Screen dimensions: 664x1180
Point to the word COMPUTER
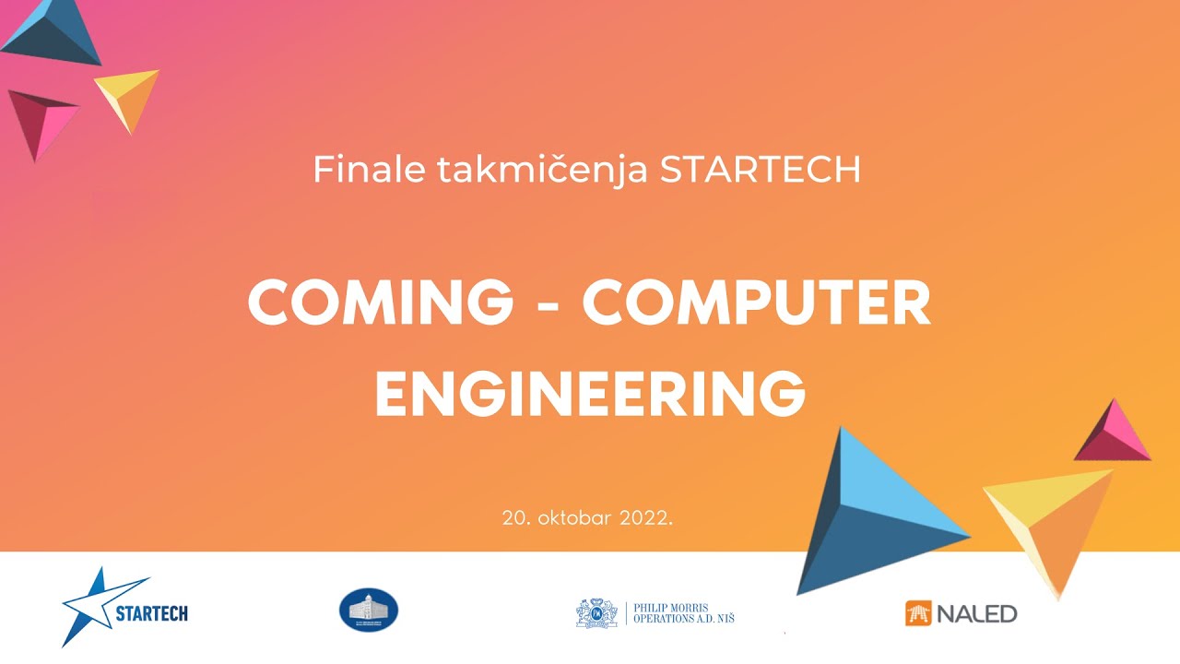(756, 302)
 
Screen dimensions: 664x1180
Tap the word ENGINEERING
(590, 392)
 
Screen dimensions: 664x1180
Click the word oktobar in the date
(572, 517)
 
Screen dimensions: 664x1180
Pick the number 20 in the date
(513, 517)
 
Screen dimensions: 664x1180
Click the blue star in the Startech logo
(92, 604)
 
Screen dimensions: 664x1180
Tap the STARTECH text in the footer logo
(152, 612)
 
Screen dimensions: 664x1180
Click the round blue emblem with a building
(369, 611)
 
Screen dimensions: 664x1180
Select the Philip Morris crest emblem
(596, 612)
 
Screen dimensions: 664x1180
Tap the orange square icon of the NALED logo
(918, 612)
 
